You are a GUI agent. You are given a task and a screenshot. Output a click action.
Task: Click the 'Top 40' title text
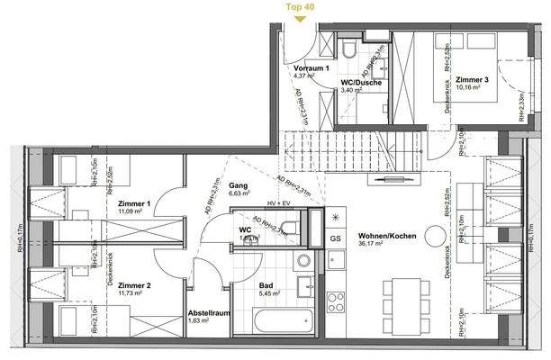pyautogui.click(x=299, y=5)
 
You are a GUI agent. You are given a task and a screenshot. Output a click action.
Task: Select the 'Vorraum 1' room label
pyautogui.click(x=312, y=68)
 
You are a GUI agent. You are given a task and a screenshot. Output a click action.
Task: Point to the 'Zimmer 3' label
pyautogui.click(x=473, y=80)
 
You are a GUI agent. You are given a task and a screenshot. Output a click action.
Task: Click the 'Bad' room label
pyautogui.click(x=242, y=285)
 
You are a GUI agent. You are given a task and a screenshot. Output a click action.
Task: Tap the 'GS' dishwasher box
pyautogui.click(x=335, y=238)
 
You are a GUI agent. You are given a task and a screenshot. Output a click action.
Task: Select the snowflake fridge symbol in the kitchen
pyautogui.click(x=337, y=218)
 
